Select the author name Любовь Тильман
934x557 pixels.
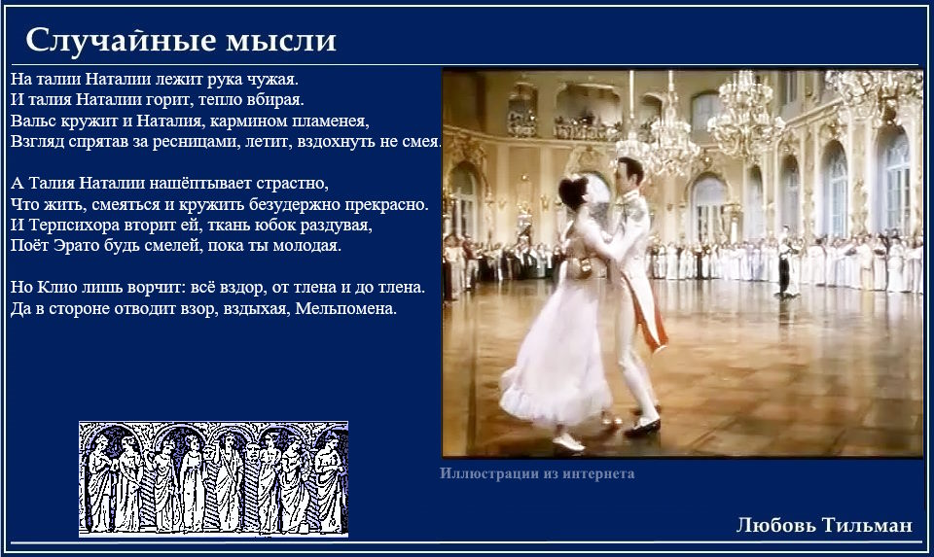(x=824, y=525)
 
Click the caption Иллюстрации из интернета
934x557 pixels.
(x=537, y=473)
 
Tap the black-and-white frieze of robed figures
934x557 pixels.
(x=213, y=478)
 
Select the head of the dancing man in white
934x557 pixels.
(x=629, y=174)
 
